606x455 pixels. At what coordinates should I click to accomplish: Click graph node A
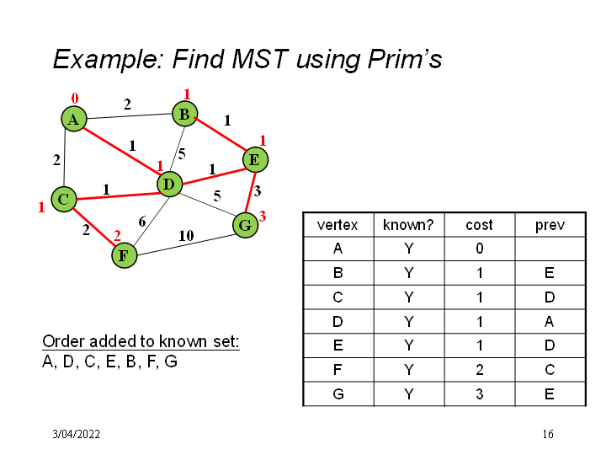tap(74, 120)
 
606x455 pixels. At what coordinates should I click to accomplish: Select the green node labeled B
tap(184, 113)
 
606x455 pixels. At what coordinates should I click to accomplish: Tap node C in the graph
tap(63, 200)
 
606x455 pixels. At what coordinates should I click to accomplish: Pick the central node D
tap(169, 183)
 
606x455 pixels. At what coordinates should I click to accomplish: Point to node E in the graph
tap(254, 158)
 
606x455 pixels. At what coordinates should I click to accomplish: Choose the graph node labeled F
tap(124, 254)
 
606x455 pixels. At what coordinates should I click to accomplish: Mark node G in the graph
tap(245, 225)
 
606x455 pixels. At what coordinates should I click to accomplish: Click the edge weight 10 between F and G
tap(187, 236)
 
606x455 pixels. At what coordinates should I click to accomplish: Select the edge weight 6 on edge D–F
tap(142, 222)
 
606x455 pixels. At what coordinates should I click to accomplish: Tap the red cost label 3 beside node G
tap(263, 217)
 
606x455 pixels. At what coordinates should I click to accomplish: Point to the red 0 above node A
tap(75, 99)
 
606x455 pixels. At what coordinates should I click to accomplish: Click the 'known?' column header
tap(408, 225)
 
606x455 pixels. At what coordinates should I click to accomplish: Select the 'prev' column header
tap(550, 225)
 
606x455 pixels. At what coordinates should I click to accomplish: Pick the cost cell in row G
tap(479, 393)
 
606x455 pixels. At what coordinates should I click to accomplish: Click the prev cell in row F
tap(550, 369)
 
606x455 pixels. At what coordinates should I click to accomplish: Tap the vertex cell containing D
tap(337, 321)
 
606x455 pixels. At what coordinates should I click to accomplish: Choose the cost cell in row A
tap(479, 249)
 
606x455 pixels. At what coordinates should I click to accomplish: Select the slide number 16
tap(548, 434)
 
